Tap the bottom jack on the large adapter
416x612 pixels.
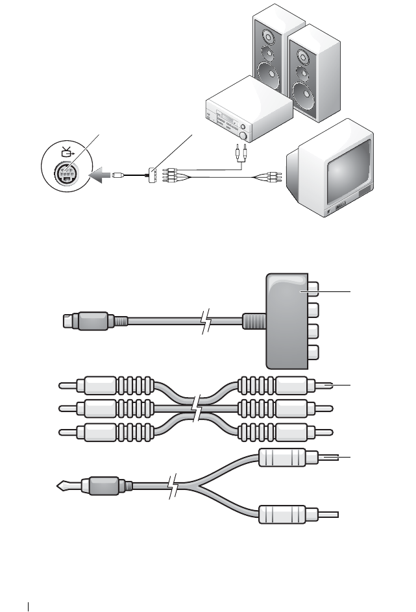tap(312, 354)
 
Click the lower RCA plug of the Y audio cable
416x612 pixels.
tap(286, 514)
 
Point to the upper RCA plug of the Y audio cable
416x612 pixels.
tap(286, 459)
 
